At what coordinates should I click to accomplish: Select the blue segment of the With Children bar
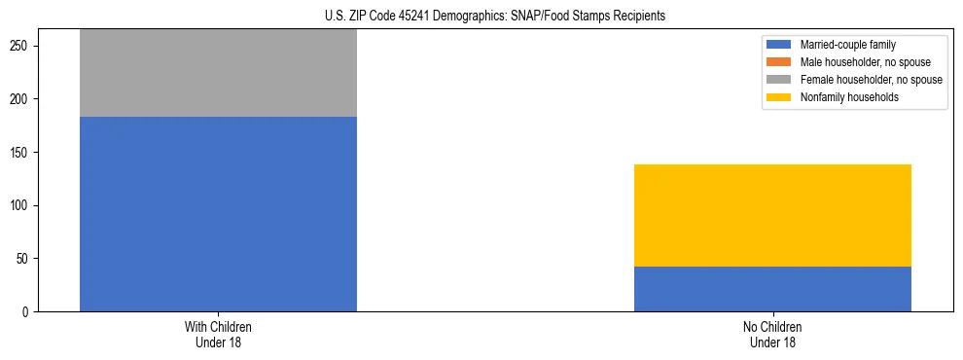pos(218,214)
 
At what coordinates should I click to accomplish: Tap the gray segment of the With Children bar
pos(218,73)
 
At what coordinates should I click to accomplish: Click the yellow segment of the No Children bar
pos(772,215)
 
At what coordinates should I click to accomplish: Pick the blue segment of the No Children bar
pos(772,289)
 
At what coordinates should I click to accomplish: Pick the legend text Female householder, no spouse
pos(871,80)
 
